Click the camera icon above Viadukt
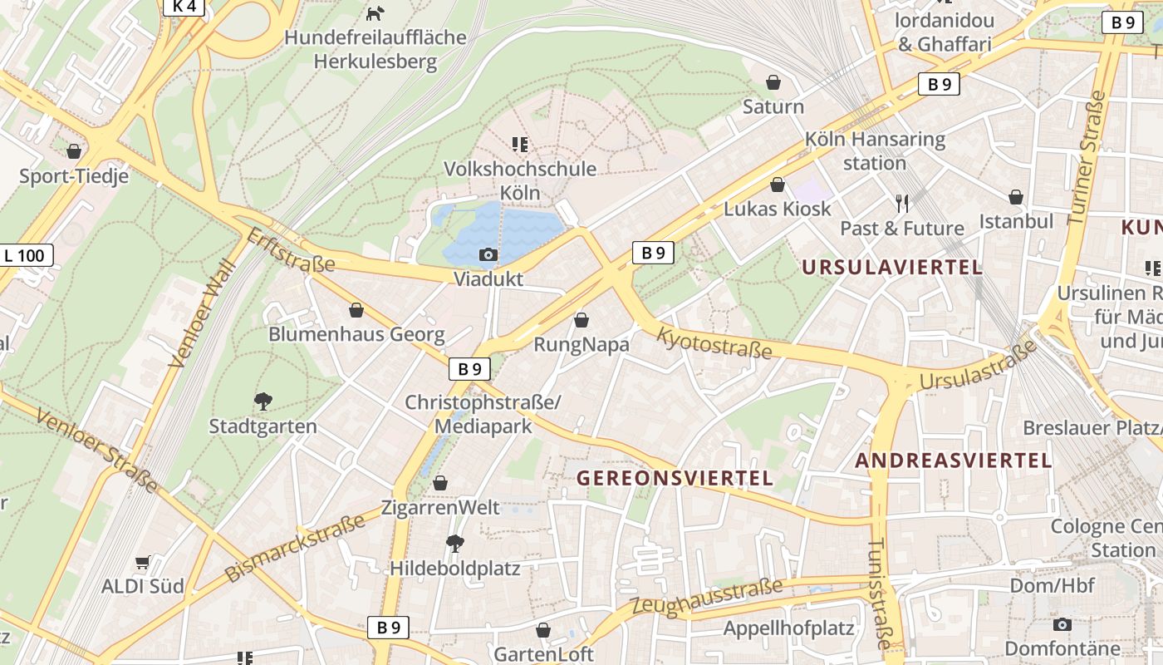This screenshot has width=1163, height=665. click(488, 254)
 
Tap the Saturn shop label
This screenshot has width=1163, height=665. click(773, 106)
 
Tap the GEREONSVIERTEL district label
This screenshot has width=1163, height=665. click(675, 478)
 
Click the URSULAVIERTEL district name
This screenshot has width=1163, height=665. click(892, 268)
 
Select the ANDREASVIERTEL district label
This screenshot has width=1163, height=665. click(954, 460)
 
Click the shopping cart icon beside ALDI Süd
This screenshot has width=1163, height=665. click(142, 563)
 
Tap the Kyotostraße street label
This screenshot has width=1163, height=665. click(714, 342)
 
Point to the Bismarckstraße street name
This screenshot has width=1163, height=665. click(295, 548)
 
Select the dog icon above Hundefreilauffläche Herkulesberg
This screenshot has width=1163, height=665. click(375, 13)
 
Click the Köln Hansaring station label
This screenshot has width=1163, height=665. click(875, 150)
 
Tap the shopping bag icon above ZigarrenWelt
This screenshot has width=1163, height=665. click(440, 483)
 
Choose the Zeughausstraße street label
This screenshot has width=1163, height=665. click(707, 597)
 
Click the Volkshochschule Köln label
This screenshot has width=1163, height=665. click(520, 180)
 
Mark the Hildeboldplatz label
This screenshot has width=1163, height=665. click(455, 569)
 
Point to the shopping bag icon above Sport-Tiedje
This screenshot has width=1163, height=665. click(74, 151)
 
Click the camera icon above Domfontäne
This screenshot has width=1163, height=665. click(1062, 624)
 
